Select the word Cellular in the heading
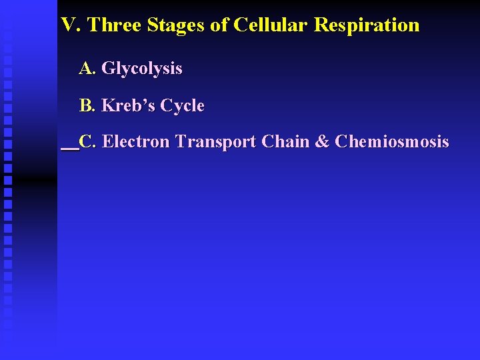point(271,25)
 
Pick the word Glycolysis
point(141,69)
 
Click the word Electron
point(137,142)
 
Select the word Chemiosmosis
point(392,142)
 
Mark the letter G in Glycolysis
point(107,68)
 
